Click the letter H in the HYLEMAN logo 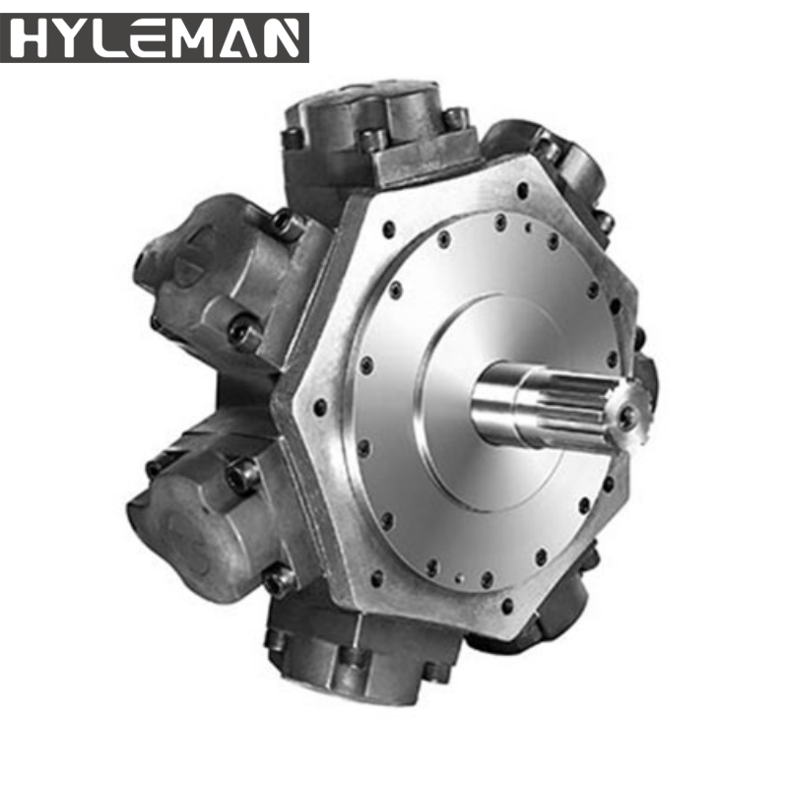coord(30,38)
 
